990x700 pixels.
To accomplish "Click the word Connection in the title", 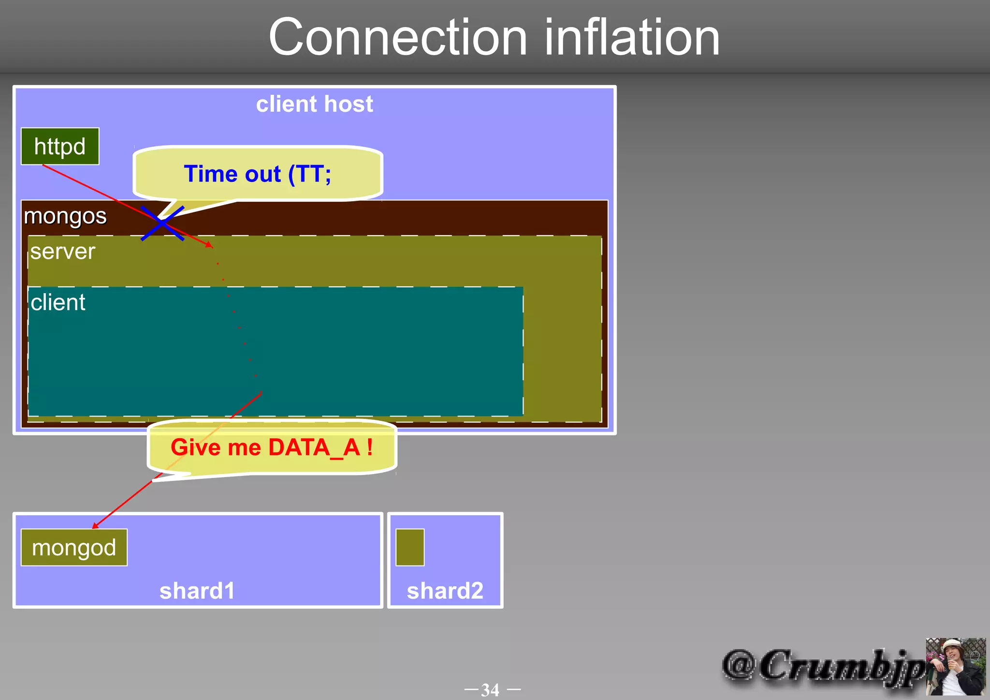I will click(397, 38).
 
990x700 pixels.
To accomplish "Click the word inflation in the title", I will click(632, 38).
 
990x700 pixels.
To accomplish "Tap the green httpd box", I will click(60, 147).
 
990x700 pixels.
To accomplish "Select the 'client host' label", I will click(314, 104).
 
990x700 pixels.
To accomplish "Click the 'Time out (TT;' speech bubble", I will click(258, 174).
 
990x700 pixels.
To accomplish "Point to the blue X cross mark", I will click(162, 223).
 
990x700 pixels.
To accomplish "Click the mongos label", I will click(65, 216).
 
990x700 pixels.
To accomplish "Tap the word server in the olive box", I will click(63, 252).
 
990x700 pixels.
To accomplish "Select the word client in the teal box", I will click(58, 302).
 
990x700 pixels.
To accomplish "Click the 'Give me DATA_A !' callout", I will click(272, 447).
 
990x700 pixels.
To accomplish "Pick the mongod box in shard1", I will click(74, 548).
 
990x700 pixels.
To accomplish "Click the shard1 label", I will click(197, 591).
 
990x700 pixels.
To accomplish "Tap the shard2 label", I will click(445, 591).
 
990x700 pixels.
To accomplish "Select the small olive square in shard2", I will click(410, 548).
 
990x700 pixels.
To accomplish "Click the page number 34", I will click(490, 689).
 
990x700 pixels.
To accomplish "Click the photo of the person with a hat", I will click(955, 667).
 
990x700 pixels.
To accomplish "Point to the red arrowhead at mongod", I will click(95, 525).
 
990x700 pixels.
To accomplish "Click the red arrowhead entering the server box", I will click(209, 245).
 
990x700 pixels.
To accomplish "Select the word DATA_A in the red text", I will click(314, 447).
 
